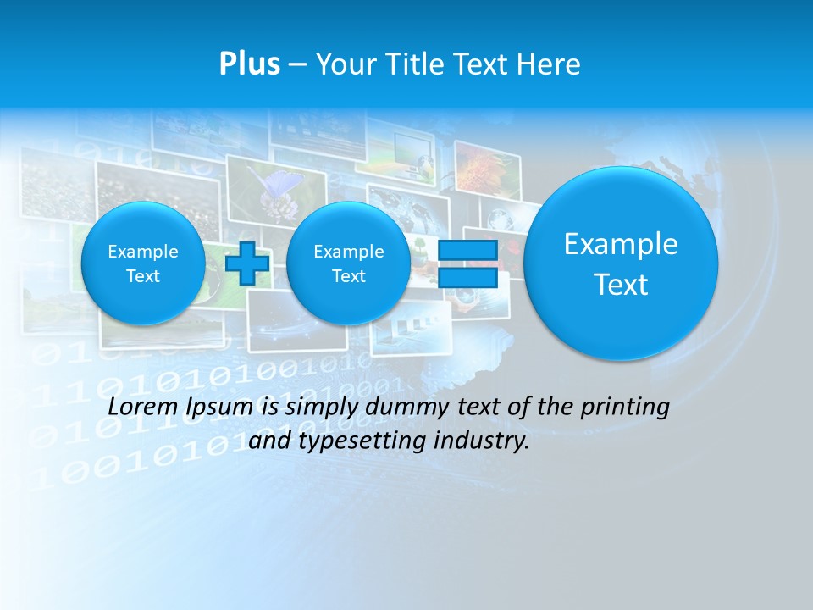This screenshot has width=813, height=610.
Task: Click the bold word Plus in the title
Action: point(249,64)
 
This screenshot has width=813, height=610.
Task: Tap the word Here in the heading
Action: point(550,64)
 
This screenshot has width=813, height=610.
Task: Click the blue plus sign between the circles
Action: point(247,263)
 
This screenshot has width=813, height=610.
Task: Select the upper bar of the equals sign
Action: point(467,251)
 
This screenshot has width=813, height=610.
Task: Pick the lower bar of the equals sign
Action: point(467,277)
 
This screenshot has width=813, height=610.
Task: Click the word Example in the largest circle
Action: point(621,244)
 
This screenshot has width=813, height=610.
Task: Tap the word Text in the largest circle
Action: point(621,285)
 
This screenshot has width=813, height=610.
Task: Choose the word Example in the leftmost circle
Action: point(143,252)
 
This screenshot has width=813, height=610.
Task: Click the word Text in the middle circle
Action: point(348,276)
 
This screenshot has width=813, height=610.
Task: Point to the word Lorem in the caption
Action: point(143,408)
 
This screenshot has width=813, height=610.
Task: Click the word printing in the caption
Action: point(625,408)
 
